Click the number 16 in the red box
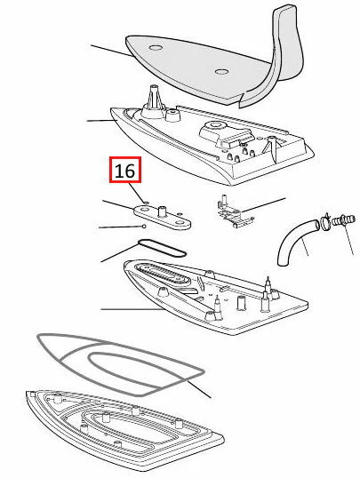click(x=125, y=171)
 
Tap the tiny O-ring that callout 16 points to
click(x=146, y=202)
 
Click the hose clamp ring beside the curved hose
click(x=325, y=220)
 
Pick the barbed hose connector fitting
click(x=343, y=219)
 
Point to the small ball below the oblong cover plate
click(x=144, y=227)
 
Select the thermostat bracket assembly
click(x=235, y=211)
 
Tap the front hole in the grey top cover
click(x=156, y=48)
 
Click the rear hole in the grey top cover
click(x=221, y=72)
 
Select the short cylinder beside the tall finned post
click(x=172, y=115)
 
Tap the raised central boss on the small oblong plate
click(x=162, y=211)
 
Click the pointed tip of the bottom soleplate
click(x=28, y=394)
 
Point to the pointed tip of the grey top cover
click(x=127, y=40)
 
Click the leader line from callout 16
click(x=136, y=191)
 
